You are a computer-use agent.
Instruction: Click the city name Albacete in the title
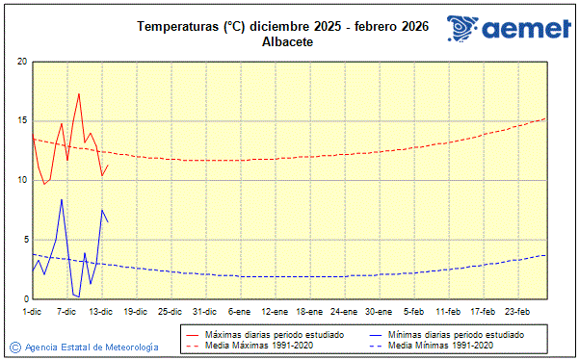point(289,42)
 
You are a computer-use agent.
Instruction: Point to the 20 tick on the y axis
point(21,62)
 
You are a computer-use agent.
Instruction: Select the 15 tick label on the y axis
point(21,121)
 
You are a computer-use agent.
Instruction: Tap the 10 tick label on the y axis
point(21,180)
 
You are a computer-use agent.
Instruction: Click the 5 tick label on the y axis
point(23,240)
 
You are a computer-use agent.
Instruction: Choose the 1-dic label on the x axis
point(32,311)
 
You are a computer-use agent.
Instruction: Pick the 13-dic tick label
point(101,311)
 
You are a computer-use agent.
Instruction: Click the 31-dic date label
point(204,311)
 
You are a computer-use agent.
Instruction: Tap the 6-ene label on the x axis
point(239,311)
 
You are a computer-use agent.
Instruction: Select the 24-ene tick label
point(344,311)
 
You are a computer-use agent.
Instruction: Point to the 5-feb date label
point(414,311)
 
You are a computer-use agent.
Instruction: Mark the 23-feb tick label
point(518,311)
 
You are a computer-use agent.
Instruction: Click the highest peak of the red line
point(79,93)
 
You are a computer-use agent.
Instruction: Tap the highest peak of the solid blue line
point(62,199)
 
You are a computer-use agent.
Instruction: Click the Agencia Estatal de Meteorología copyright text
point(92,347)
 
